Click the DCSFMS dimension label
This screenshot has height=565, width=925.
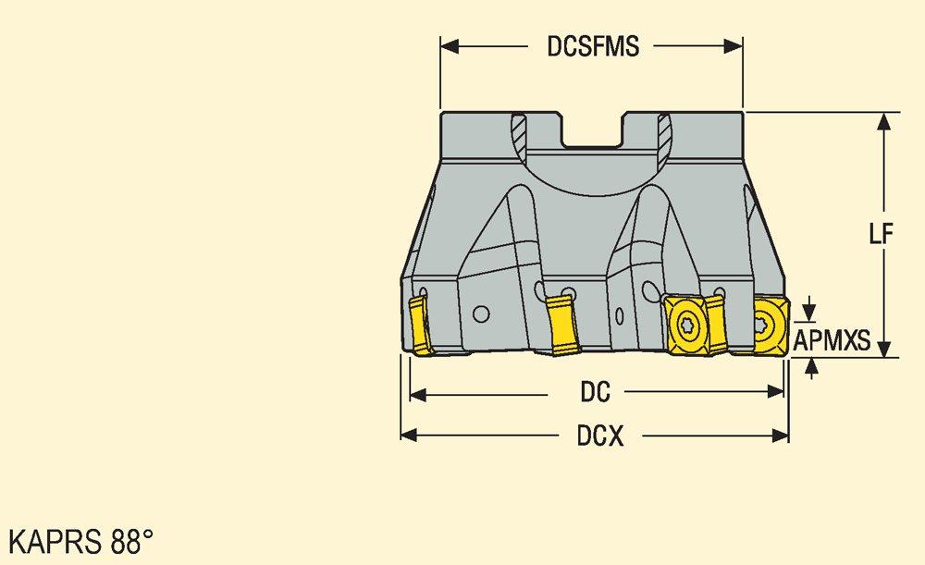tap(593, 46)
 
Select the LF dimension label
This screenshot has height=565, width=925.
tap(882, 234)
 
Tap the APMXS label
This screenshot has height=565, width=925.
tap(832, 340)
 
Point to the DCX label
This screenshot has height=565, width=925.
tap(600, 436)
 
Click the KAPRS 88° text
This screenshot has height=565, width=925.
tap(80, 541)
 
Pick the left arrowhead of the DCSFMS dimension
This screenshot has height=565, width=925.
tap(450, 46)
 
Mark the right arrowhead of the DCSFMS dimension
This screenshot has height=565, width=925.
tap(734, 46)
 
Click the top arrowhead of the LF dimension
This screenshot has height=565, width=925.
tap(883, 121)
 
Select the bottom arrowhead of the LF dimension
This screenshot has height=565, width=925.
tap(883, 349)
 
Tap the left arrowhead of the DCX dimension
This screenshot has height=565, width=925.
tap(410, 436)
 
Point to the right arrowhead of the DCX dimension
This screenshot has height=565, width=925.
tap(780, 436)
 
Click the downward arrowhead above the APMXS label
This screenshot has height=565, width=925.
tap(809, 312)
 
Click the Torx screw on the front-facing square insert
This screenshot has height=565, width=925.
tap(686, 325)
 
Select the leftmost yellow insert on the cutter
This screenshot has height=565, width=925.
tap(420, 325)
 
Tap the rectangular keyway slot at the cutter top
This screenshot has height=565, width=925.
tap(592, 129)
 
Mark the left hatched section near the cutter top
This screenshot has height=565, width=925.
tap(519, 134)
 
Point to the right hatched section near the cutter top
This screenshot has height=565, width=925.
tap(664, 134)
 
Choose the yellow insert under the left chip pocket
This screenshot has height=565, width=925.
tap(562, 325)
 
